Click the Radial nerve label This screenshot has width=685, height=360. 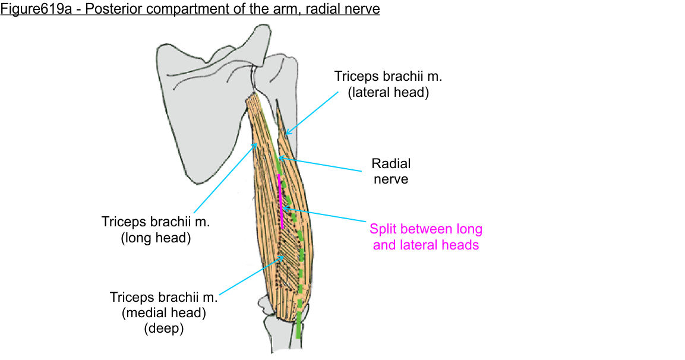point(390,170)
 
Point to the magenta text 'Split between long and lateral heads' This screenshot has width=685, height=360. point(425,236)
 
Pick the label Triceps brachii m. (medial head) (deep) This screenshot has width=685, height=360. point(163,312)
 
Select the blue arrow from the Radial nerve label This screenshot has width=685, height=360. point(321,164)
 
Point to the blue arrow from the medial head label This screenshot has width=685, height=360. point(250,274)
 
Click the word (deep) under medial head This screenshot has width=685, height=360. point(163,329)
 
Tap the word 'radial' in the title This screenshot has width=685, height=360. point(328,10)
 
